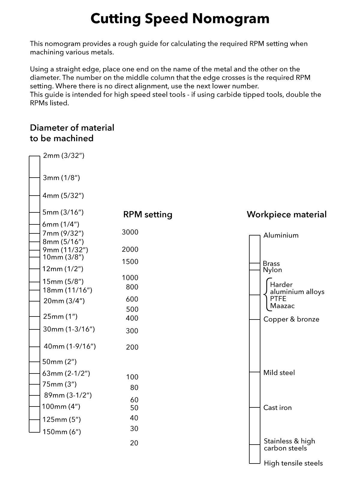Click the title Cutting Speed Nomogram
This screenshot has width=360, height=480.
click(x=180, y=19)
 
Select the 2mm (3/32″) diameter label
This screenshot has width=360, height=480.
click(x=64, y=156)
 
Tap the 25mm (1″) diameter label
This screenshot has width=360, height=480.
click(x=60, y=316)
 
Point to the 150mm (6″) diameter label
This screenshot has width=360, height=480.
click(x=62, y=432)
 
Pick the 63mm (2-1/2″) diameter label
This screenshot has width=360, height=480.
click(x=66, y=373)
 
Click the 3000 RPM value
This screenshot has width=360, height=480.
click(x=130, y=232)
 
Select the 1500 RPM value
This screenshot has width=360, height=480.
click(x=130, y=262)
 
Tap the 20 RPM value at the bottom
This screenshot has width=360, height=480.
click(x=134, y=443)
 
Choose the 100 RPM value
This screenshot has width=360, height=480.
click(x=132, y=377)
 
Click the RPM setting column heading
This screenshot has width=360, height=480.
click(x=148, y=214)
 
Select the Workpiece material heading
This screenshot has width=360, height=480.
click(x=286, y=214)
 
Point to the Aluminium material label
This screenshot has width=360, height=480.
click(x=281, y=235)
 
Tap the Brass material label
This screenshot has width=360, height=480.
click(x=271, y=264)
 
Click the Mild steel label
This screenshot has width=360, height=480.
click(x=279, y=373)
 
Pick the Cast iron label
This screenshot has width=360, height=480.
click(x=277, y=408)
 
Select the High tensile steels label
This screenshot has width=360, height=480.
click(x=293, y=463)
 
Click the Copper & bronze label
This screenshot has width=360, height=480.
click(x=291, y=319)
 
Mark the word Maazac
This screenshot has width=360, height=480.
click(x=282, y=306)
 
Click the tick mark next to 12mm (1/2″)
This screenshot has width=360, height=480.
click(x=34, y=269)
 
